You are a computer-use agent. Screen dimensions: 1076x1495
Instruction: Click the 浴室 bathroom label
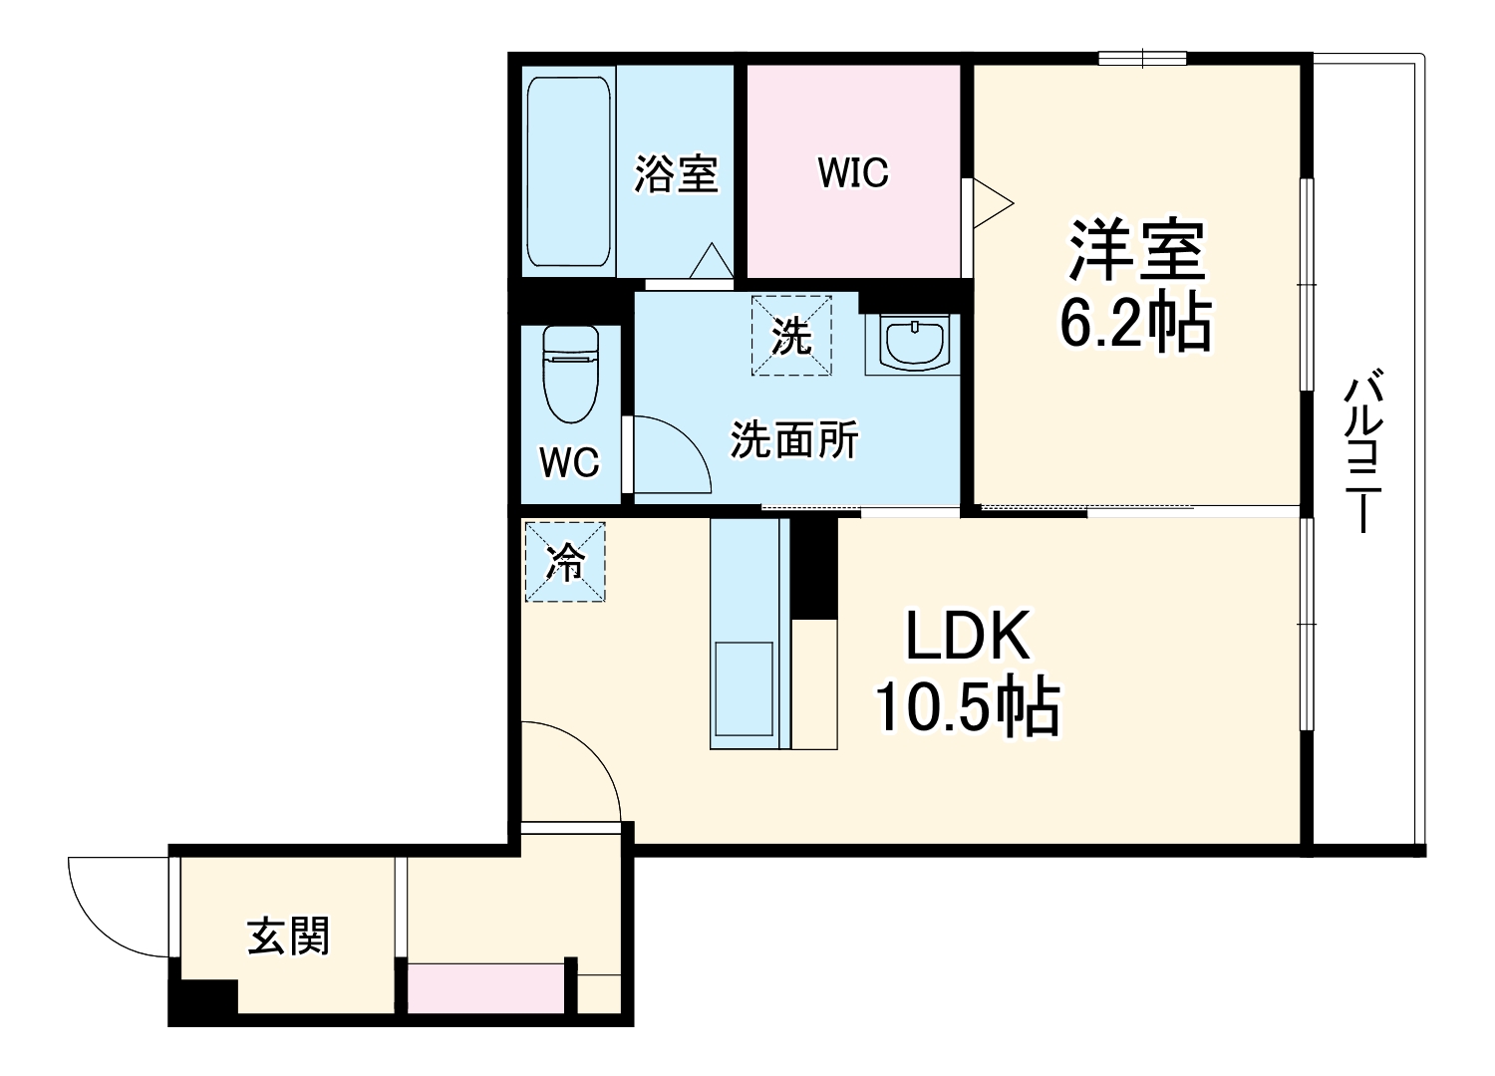[677, 174]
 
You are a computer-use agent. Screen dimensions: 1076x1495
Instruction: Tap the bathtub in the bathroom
[568, 170]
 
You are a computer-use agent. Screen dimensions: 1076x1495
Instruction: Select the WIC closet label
[853, 172]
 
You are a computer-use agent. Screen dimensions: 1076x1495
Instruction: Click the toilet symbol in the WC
[570, 375]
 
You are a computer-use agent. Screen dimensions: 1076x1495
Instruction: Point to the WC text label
[569, 462]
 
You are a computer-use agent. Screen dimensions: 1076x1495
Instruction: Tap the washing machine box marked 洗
[791, 336]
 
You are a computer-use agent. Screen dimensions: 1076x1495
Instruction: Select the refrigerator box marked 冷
[565, 562]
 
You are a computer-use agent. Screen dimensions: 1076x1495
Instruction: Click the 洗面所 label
[794, 440]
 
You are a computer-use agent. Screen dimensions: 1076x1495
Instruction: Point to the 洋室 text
[1137, 251]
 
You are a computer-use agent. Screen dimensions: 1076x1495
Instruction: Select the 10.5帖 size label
[967, 706]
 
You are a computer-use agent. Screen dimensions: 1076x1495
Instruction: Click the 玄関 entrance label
[288, 937]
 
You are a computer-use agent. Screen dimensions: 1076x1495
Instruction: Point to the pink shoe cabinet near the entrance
[485, 988]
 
